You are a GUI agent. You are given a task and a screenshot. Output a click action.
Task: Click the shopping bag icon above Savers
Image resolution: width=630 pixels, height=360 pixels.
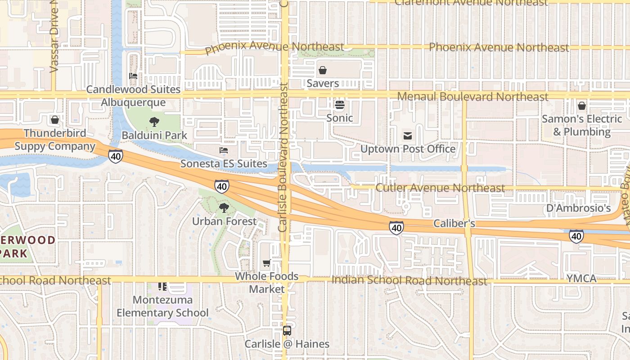point(323,70)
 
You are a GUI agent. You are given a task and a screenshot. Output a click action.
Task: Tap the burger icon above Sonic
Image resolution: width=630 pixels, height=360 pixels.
point(340,105)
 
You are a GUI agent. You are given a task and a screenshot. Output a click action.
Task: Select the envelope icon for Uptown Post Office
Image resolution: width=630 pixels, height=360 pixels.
point(408,136)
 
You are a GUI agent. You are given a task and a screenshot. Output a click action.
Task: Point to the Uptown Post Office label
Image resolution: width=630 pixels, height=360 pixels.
point(408,149)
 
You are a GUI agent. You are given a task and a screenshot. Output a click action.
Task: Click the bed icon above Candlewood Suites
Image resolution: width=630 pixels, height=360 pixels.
point(133,76)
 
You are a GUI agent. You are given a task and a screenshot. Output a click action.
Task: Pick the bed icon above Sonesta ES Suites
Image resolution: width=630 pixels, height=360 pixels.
point(224,150)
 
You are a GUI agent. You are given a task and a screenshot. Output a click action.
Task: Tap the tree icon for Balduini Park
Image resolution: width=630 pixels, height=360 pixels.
point(154,121)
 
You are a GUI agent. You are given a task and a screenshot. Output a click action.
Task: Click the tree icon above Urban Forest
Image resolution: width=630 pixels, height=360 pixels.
point(224,208)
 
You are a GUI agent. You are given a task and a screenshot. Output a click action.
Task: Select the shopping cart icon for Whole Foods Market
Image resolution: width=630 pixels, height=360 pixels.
point(266,263)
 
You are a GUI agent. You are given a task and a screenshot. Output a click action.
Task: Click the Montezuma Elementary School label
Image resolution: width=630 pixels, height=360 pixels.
point(162,306)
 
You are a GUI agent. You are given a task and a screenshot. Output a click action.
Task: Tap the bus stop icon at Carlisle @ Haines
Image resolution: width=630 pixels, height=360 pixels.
point(287,331)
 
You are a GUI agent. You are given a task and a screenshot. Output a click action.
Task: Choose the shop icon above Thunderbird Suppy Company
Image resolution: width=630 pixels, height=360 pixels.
point(55,120)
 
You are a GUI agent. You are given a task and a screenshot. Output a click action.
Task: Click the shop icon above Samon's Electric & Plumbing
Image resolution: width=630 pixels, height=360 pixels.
point(582,106)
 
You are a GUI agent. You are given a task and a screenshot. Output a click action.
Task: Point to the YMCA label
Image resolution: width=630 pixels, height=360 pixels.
point(581,279)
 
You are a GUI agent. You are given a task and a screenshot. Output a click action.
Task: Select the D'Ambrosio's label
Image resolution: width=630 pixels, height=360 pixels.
point(578,208)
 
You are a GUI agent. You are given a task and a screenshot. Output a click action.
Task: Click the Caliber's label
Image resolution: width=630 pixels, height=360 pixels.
point(454,224)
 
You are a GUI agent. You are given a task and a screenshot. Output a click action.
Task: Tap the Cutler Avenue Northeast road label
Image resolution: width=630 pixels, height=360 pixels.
point(440,188)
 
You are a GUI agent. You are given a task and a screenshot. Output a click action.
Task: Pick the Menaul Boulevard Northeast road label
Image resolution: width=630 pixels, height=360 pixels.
point(473,97)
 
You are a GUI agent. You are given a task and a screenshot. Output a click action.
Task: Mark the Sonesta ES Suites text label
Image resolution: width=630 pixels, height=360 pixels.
point(224,163)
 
